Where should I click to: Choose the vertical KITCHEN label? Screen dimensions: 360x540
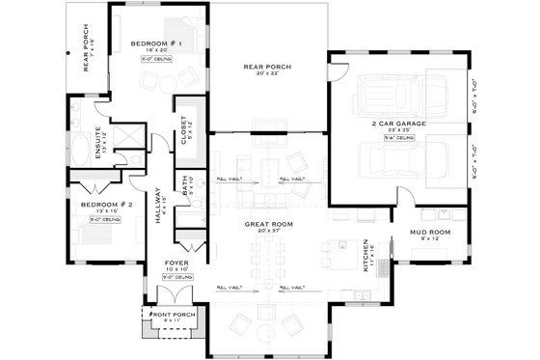365,256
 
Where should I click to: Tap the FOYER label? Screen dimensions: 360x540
175,260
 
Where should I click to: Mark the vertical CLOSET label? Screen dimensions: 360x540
183,129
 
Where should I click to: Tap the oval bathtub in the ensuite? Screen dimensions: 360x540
80,151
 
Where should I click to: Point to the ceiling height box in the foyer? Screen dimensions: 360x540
175,277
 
